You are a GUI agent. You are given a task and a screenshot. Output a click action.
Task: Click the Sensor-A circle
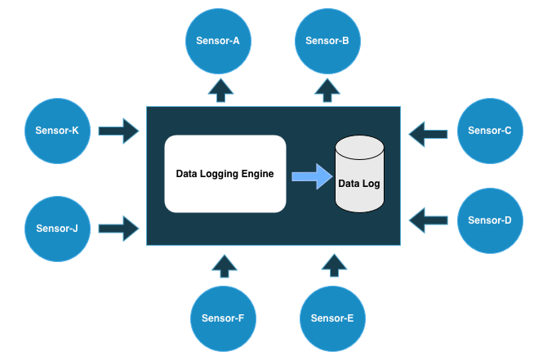coord(218,40)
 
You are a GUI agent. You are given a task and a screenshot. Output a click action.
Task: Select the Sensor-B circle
coord(327,40)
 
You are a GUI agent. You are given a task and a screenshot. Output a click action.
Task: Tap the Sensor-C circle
coord(490,131)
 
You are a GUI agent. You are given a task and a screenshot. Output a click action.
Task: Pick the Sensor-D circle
coord(490,220)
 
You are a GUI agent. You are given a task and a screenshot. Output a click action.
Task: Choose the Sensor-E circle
coord(332,318)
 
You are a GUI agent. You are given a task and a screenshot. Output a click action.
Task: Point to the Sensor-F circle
coord(223,318)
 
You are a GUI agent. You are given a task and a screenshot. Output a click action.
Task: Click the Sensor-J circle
coord(57,229)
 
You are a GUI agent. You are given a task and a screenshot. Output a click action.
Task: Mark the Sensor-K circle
coord(57,131)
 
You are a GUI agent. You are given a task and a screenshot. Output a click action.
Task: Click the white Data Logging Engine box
coord(225,174)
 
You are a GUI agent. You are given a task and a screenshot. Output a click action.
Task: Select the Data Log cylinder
coord(359,175)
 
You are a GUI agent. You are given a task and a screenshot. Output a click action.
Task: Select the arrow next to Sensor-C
coord(429,132)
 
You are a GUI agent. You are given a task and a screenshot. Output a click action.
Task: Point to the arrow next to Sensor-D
coord(429,219)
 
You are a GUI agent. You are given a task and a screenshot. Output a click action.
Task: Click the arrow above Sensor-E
coord(332,264)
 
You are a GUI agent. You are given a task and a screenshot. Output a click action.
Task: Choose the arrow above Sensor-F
coord(224,264)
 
